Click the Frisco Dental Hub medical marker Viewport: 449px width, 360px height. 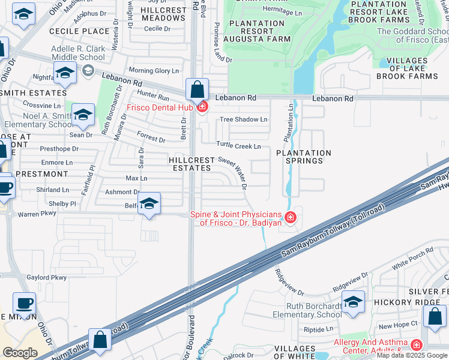pos(202,107)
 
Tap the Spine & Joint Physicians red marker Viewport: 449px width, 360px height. pos(290,217)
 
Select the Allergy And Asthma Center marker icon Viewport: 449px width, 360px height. pos(416,345)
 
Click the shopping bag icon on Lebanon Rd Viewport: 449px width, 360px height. pos(197,90)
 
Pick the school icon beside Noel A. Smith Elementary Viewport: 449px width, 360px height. pos(83,115)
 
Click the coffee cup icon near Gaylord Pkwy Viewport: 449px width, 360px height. pos(24,304)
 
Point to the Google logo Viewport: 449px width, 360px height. pos(20,353)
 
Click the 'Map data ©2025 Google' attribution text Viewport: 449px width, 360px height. pos(412,355)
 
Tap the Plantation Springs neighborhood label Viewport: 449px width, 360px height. pos(303,157)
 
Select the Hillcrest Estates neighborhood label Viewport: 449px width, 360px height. pos(190,164)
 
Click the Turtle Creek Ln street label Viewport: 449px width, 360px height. pos(239,146)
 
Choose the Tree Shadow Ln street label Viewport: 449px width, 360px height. pos(243,119)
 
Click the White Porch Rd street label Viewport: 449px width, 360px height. pos(412,258)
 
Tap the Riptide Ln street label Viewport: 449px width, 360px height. pos(318,329)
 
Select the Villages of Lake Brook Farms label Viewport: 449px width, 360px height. pos(411,68)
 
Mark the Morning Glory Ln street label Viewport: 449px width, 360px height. pos(158,71)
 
